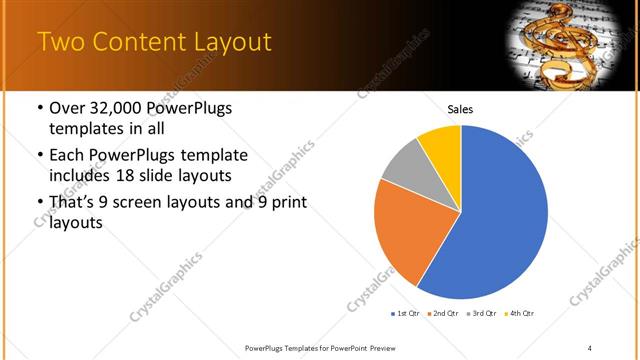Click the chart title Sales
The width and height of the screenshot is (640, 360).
point(460,110)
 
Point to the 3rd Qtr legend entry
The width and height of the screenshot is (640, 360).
point(481,313)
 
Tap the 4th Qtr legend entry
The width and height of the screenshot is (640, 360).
point(517,313)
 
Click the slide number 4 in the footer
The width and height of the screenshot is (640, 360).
point(589,347)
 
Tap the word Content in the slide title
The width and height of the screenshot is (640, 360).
point(138,42)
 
